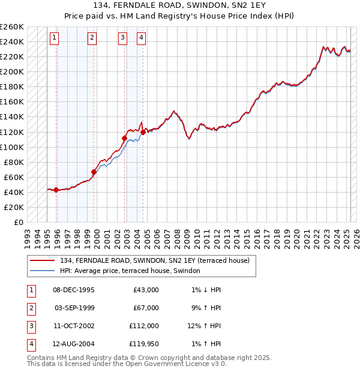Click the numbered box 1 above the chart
pyautogui.click(x=54, y=38)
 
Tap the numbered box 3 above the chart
pyautogui.click(x=122, y=38)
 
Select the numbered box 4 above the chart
pyautogui.click(x=141, y=38)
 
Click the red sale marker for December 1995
pyautogui.click(x=56, y=190)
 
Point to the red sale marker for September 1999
pyautogui.click(x=94, y=172)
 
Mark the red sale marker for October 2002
pyautogui.click(x=125, y=138)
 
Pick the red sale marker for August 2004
pyautogui.click(x=143, y=132)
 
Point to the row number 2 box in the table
pyautogui.click(x=31, y=308)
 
